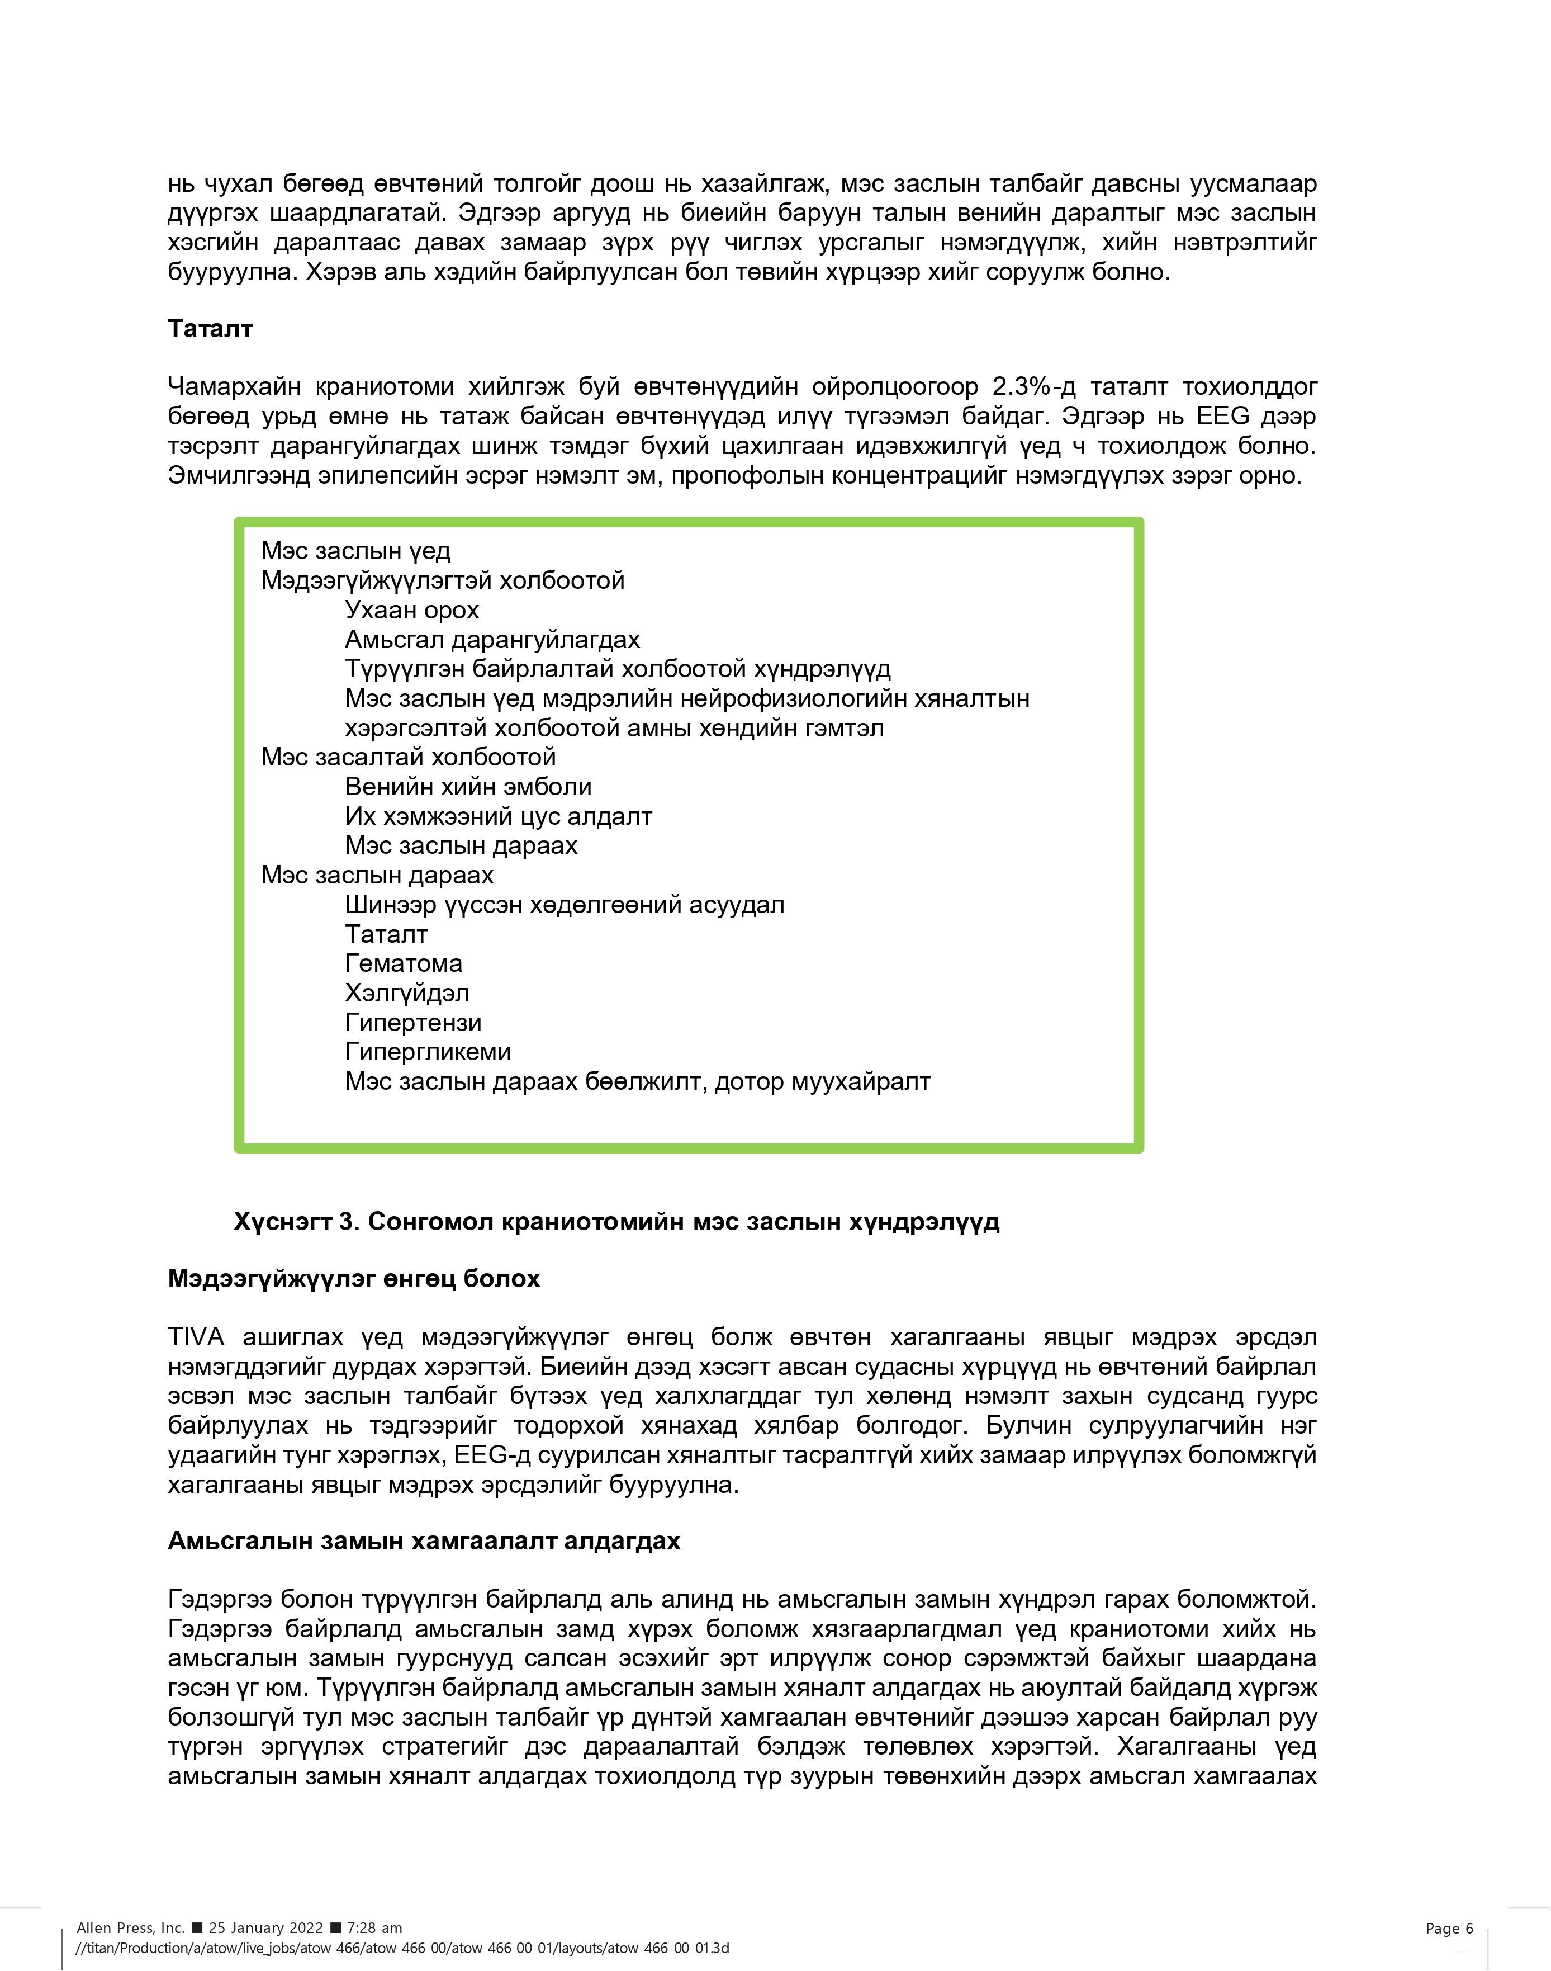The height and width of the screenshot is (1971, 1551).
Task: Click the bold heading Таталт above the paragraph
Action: (x=210, y=329)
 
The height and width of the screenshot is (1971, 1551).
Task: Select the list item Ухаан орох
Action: (x=411, y=611)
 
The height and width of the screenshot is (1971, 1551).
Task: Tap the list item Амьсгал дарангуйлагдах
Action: (x=492, y=640)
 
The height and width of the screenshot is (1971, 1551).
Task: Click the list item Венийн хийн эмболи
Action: (x=468, y=787)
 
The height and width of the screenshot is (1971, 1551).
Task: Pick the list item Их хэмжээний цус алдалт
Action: (x=497, y=816)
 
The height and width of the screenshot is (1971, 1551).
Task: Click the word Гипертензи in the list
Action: (x=413, y=1023)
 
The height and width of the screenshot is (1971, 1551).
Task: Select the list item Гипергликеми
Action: (x=428, y=1052)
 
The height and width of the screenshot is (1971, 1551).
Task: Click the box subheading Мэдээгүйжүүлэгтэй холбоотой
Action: (x=442, y=580)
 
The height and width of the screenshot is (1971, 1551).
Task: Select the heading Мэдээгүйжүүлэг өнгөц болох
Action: (x=353, y=1279)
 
